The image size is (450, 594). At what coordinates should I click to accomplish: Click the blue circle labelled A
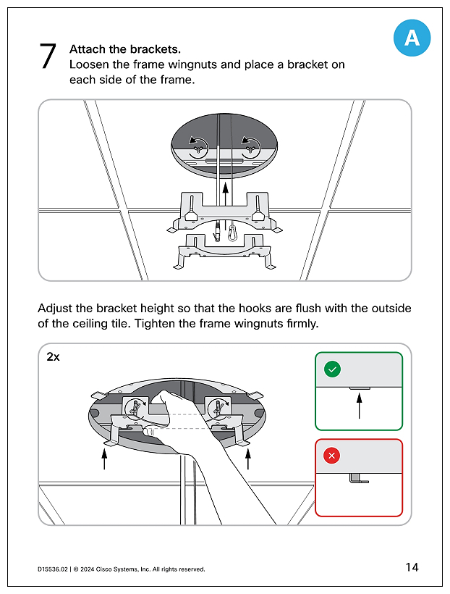tap(412, 38)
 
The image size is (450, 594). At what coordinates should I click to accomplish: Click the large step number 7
tap(48, 57)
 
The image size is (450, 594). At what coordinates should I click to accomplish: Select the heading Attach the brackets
tap(125, 49)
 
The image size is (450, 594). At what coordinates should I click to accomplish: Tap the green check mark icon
tap(332, 369)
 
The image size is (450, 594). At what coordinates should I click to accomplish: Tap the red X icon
tap(332, 456)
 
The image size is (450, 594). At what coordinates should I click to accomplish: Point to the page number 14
tap(412, 567)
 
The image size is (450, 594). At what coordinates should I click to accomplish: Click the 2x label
tap(53, 358)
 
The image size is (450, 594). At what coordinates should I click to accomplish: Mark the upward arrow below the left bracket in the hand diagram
tap(105, 459)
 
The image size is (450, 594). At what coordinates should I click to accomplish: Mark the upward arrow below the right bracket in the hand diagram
tap(248, 459)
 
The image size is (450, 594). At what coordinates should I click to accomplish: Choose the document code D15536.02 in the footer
tap(52, 569)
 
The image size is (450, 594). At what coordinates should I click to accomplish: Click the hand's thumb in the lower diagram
tap(154, 431)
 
